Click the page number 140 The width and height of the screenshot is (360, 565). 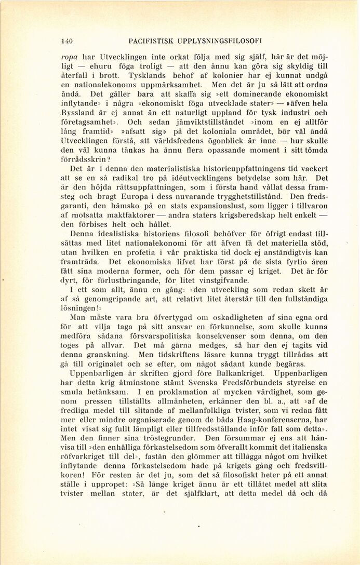coord(66,40)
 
